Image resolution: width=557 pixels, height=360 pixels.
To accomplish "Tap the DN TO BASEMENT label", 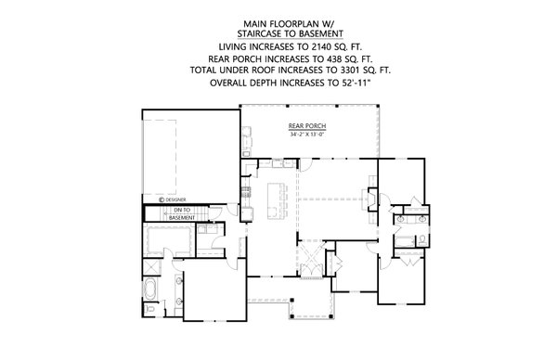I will click(181, 214).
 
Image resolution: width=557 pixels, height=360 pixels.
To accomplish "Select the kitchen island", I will click(274, 199).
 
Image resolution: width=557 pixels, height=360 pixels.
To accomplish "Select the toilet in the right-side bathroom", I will click(420, 238).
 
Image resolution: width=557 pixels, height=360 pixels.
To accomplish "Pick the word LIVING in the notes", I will click(235, 45).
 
